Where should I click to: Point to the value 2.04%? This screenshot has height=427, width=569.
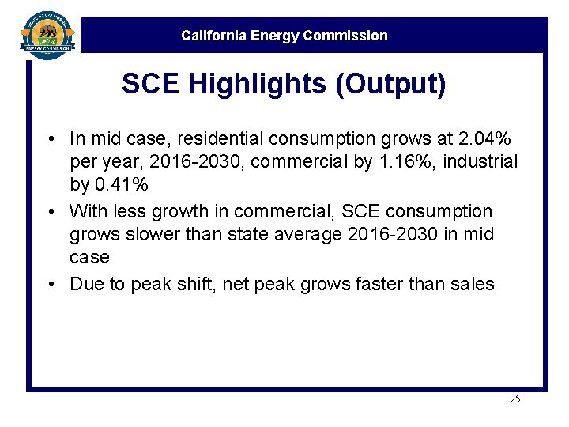pyautogui.click(x=484, y=139)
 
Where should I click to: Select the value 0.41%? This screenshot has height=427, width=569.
pyautogui.click(x=120, y=185)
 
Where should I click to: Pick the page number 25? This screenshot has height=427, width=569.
pyautogui.click(x=514, y=399)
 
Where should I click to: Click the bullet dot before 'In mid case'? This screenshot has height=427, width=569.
pyautogui.click(x=50, y=140)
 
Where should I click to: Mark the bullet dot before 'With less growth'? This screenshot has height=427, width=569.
pyautogui.click(x=50, y=212)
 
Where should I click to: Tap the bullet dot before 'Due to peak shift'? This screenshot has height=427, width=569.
pyautogui.click(x=50, y=285)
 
